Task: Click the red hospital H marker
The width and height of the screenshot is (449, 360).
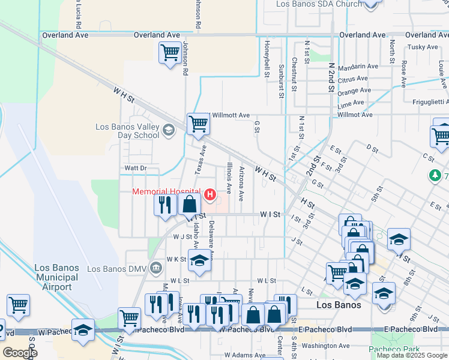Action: coord(210,194)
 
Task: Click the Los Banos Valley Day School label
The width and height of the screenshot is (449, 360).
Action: coord(128,131)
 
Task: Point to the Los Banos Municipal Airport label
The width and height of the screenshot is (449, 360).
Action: coord(56,277)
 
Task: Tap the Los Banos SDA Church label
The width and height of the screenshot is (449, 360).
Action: coord(319,4)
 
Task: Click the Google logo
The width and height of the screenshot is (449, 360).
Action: coord(20,353)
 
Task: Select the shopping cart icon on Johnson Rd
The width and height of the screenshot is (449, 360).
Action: coord(170,52)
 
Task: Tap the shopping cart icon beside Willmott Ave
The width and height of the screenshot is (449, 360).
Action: coord(197,124)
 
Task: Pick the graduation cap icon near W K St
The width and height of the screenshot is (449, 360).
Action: coord(199,261)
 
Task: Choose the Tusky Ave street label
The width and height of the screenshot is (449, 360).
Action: coord(423,47)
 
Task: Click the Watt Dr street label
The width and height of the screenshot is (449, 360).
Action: coord(135,168)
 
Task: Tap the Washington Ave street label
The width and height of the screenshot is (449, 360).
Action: coord(325,346)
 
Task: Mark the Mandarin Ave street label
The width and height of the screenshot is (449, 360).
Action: coord(357,67)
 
